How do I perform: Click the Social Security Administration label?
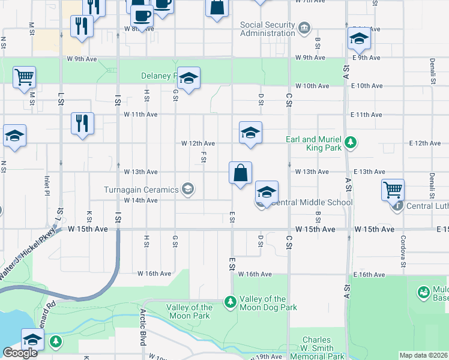click(267, 29)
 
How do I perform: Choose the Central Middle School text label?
click(312, 202)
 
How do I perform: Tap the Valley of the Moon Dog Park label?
click(268, 303)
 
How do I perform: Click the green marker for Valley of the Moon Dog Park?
click(229, 302)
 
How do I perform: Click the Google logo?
click(20, 353)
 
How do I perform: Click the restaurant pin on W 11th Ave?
click(82, 122)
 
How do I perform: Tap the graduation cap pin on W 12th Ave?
click(250, 133)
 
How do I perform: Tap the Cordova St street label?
click(403, 242)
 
